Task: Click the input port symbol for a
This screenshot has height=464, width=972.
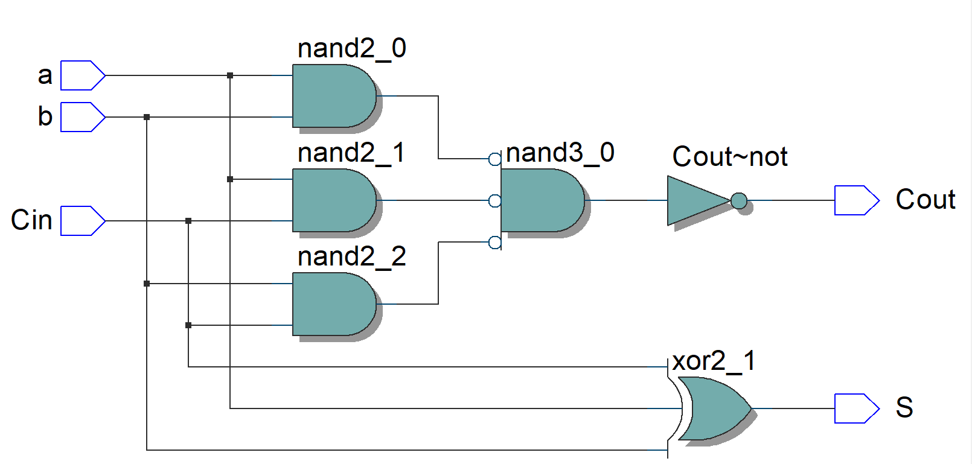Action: (83, 75)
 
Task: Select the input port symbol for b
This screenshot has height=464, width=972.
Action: (83, 117)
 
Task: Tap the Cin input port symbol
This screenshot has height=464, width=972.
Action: (83, 221)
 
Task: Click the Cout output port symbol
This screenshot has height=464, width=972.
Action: (857, 200)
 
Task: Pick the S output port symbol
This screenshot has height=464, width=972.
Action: (857, 408)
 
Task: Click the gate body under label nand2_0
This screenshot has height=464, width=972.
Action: (334, 96)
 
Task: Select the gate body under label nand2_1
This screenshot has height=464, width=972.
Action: (334, 200)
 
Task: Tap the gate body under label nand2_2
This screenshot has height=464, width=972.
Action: (334, 304)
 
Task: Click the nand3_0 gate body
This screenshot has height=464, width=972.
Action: (542, 200)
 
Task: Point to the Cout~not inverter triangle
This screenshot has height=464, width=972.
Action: (697, 200)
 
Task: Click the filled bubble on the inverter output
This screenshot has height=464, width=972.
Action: (739, 201)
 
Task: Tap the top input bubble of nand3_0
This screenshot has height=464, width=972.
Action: (494, 159)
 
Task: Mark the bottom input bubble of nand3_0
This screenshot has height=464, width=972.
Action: (494, 243)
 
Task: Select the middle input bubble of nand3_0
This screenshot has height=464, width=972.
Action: (494, 201)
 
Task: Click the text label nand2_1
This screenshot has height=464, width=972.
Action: (351, 153)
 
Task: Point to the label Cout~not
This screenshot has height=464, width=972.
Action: (730, 156)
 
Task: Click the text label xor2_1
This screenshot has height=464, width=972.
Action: (714, 361)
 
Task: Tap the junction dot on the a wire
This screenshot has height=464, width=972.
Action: (230, 75)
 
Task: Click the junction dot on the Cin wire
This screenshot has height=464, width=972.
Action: (188, 221)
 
